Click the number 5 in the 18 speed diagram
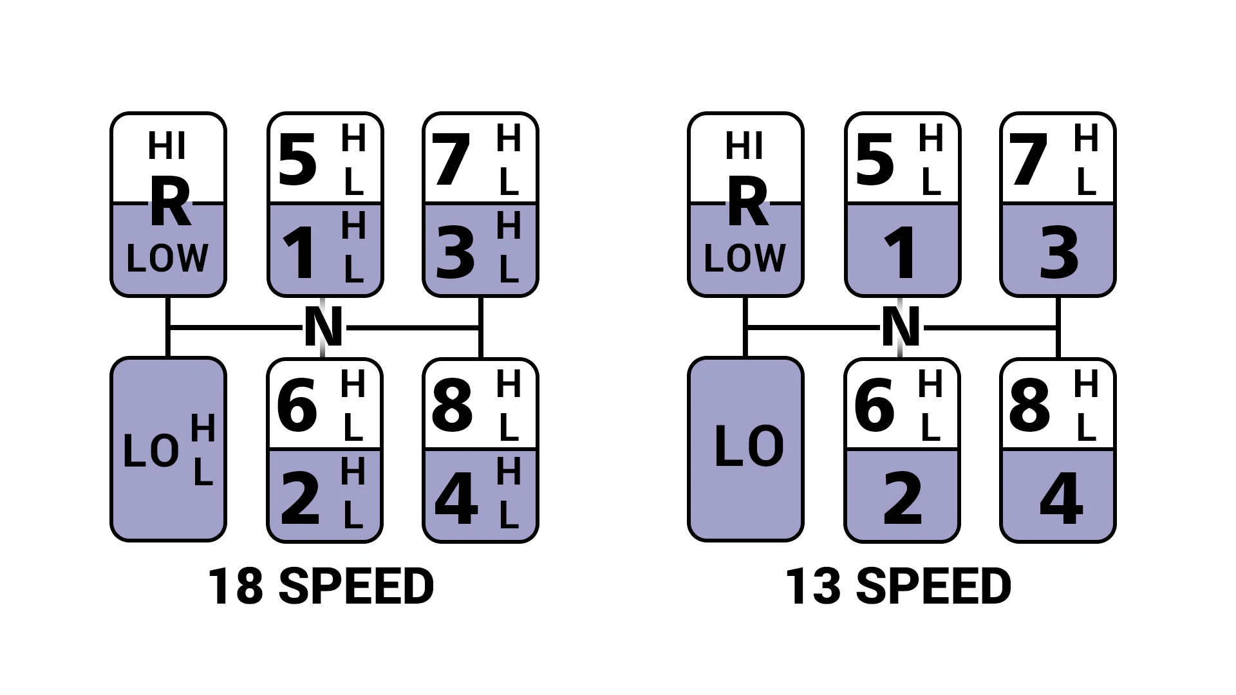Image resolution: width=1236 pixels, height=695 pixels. point(297,160)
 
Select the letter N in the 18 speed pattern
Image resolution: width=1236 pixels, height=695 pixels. point(323,327)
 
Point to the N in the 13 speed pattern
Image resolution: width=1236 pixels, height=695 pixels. point(901,327)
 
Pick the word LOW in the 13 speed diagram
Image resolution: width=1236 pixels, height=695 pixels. point(745,258)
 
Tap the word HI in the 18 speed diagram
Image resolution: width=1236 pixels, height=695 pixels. point(167,146)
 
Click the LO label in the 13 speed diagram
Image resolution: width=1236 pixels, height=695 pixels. point(749,446)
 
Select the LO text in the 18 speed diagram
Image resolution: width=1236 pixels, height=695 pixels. point(151,450)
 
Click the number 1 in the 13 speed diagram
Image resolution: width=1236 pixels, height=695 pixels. point(901,254)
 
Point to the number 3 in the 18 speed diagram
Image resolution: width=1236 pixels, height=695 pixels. point(455,254)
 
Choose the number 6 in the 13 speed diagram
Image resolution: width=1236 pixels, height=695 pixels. point(874,405)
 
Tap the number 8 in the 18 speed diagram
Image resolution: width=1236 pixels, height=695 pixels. point(453,405)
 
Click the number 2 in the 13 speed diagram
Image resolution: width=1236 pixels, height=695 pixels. point(903,497)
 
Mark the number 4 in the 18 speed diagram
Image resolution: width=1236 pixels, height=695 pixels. point(456,497)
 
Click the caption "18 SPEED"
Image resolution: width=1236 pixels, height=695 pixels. point(321,586)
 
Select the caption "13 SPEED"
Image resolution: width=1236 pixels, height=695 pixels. point(898,586)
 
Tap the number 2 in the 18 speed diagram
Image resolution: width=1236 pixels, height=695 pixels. point(300,497)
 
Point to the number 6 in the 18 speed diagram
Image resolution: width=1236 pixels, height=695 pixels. point(297,405)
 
